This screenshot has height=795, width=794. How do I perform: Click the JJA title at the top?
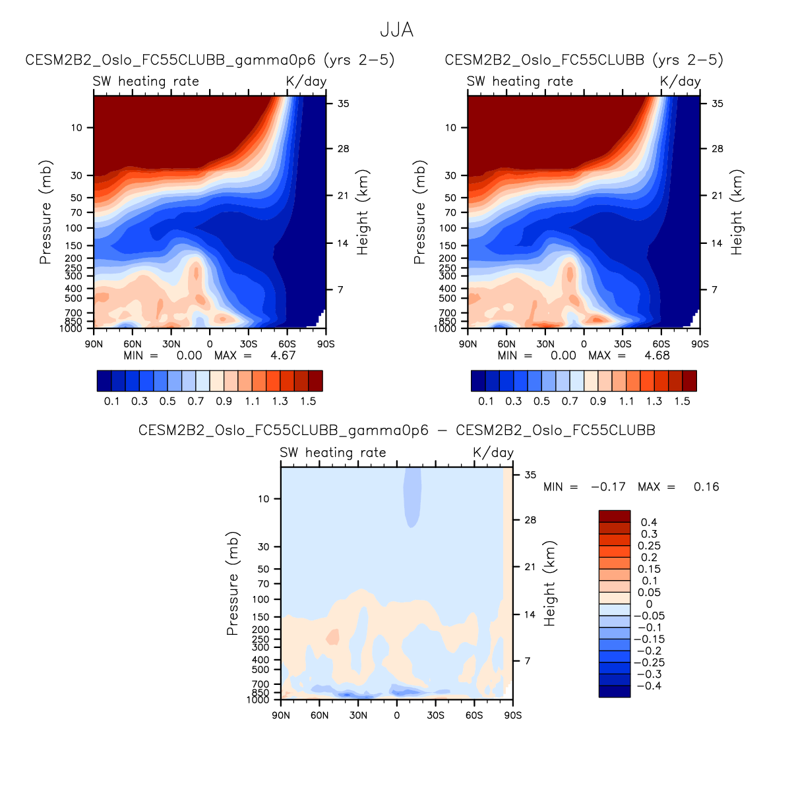(396, 30)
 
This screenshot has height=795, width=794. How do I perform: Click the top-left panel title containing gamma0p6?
(210, 60)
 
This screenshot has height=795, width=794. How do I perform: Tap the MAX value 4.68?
(657, 355)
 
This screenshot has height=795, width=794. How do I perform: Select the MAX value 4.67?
(283, 355)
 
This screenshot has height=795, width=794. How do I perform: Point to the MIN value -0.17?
(608, 487)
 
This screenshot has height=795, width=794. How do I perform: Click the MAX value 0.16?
(706, 487)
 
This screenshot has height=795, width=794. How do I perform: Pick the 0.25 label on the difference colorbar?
(649, 546)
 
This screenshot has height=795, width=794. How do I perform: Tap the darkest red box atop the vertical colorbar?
(614, 515)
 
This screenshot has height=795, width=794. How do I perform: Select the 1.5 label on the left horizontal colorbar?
(308, 401)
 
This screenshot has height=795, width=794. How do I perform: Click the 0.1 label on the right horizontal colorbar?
(485, 401)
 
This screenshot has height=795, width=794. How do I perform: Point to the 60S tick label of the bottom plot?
(473, 715)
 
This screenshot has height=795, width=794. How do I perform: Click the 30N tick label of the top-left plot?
(171, 344)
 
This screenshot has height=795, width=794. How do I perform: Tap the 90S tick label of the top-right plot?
(700, 344)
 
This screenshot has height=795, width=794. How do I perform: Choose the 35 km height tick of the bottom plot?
(530, 475)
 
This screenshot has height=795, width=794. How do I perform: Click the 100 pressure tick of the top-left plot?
(74, 228)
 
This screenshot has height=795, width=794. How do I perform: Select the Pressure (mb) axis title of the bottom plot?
(232, 583)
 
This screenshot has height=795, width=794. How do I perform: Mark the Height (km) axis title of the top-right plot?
(737, 212)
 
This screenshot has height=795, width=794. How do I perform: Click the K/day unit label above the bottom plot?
(493, 453)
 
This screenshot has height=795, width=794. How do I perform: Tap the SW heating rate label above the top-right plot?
(520, 82)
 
